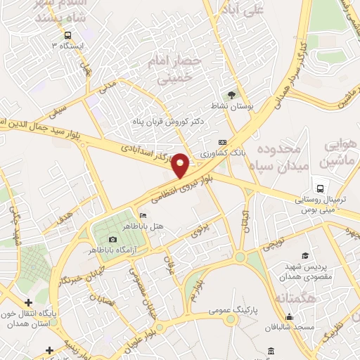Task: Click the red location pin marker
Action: pyautogui.click(x=181, y=166)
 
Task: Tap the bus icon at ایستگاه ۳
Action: pyautogui.click(x=67, y=35)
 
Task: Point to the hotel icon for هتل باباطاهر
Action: pyautogui.click(x=143, y=215)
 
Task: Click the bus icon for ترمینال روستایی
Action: pyautogui.click(x=320, y=188)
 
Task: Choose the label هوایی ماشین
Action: pyautogui.click(x=338, y=153)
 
